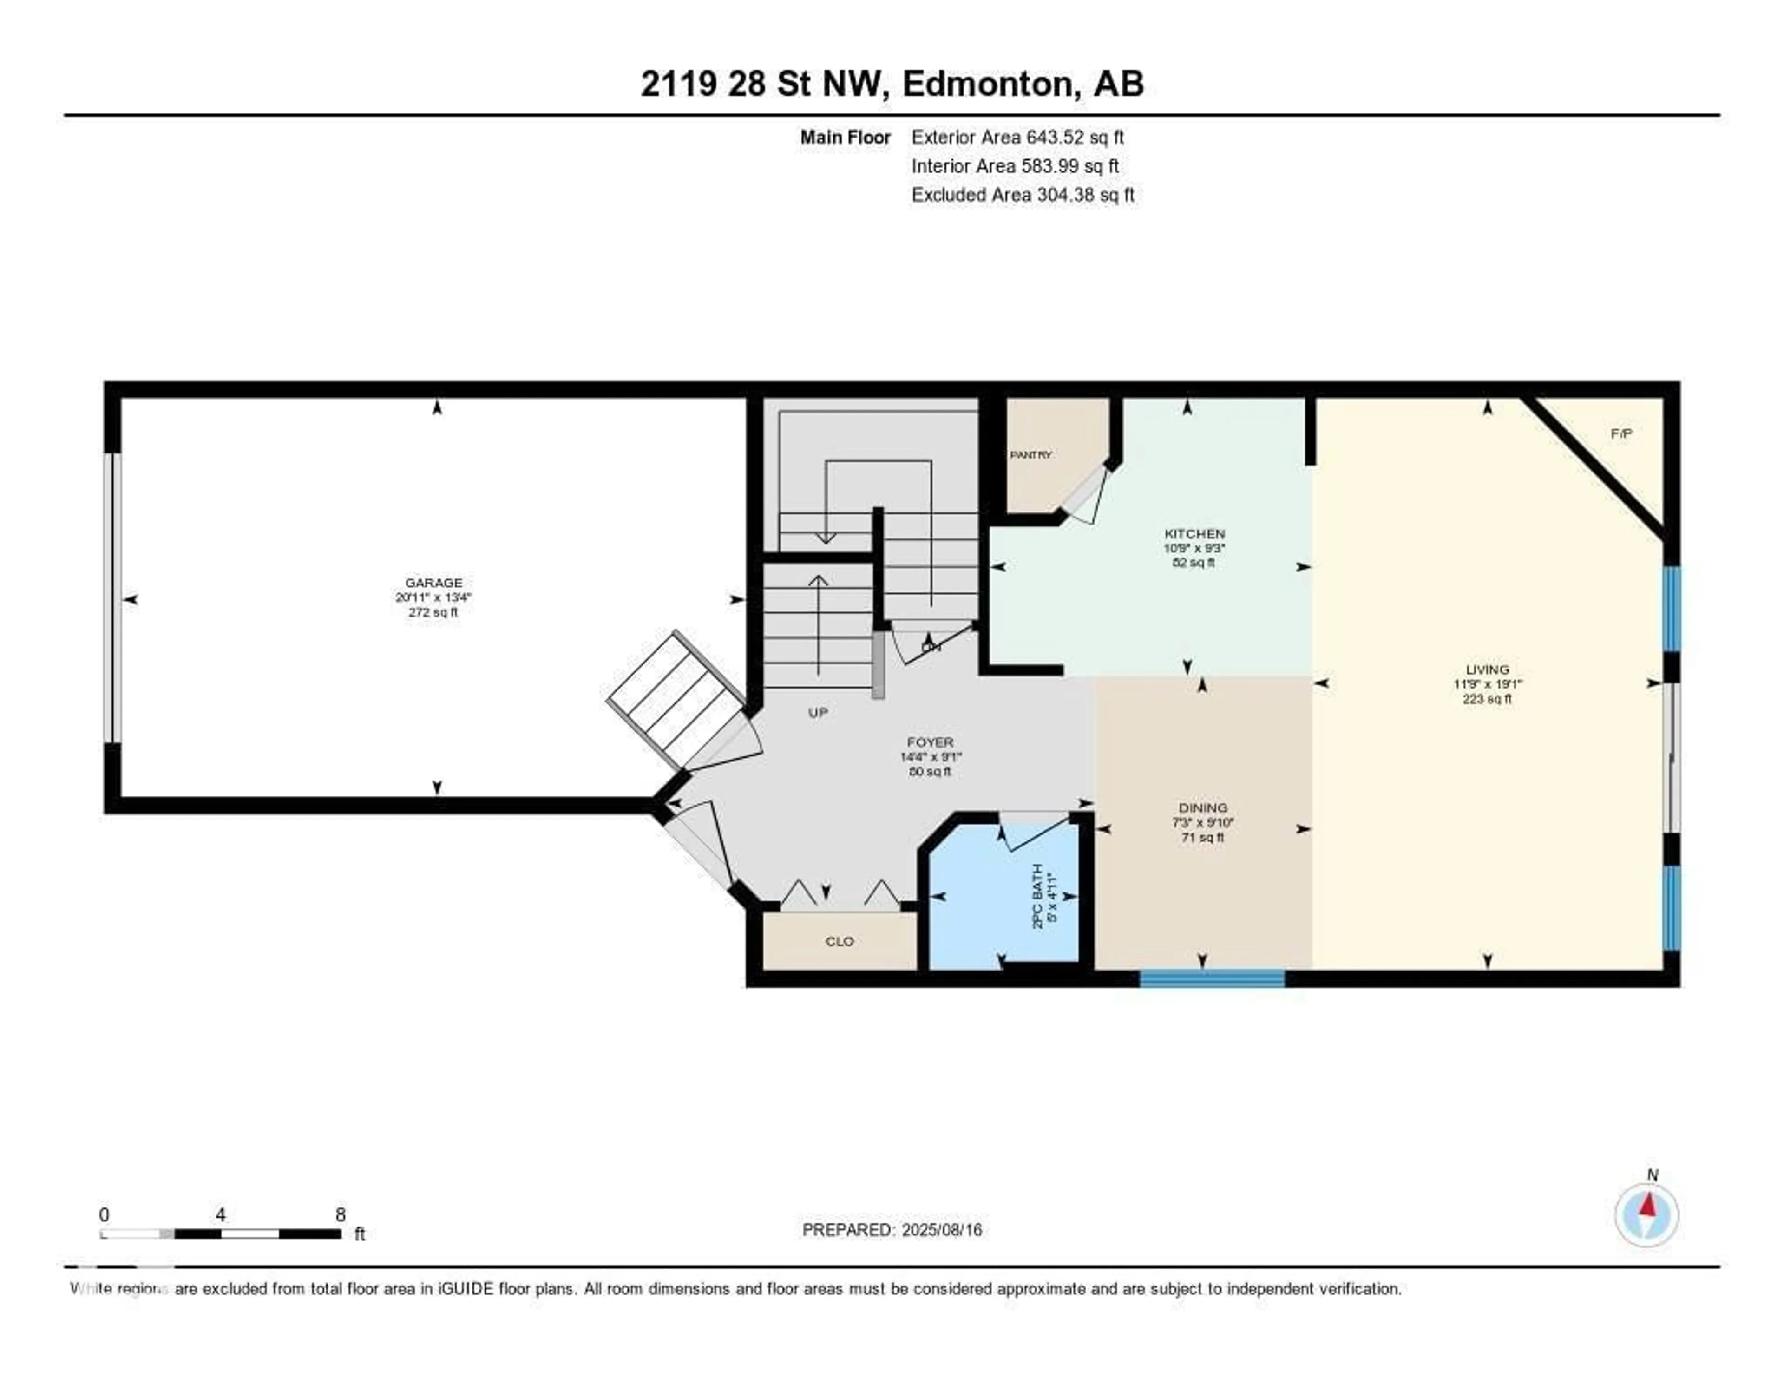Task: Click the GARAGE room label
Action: pos(434,583)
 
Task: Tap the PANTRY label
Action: pos(1031,455)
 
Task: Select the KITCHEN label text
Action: pos(1194,533)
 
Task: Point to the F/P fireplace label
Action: pos(1621,434)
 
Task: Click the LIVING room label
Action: pos(1487,669)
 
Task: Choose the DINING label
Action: pos(1202,808)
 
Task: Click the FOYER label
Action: pos(930,742)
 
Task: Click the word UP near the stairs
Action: pos(818,712)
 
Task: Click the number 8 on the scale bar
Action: pos(340,1214)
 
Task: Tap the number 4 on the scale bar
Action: pos(221,1214)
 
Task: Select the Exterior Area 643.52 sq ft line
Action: pos(1017,137)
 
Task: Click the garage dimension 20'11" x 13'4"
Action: pos(434,597)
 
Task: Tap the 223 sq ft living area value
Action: pos(1487,699)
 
